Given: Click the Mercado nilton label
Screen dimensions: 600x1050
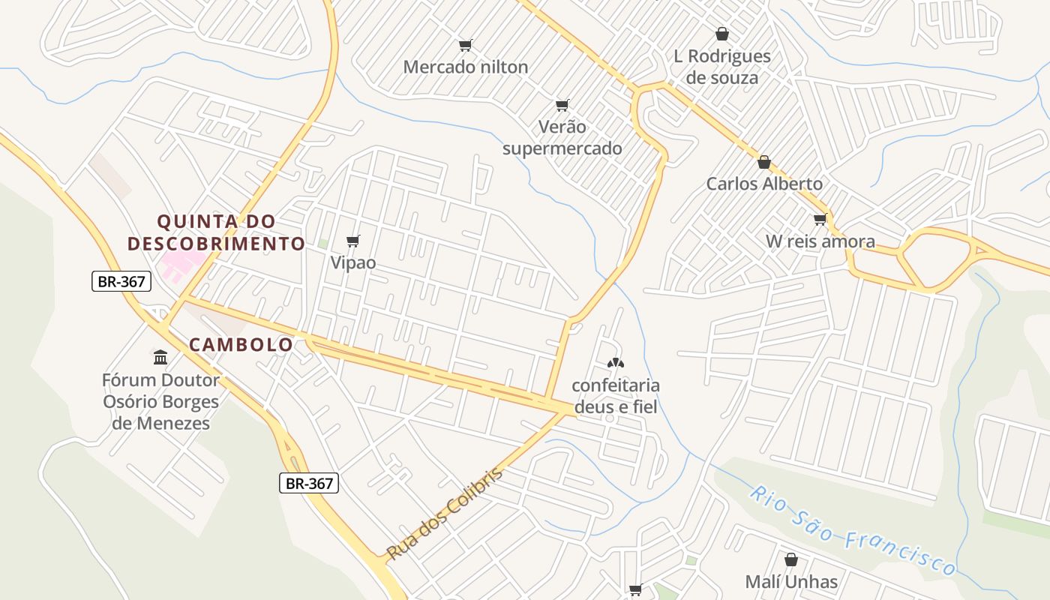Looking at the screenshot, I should point(465,67).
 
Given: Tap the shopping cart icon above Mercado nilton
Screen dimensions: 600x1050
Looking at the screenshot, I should point(465,45).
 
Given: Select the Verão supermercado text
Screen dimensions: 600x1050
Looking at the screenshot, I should point(562,137).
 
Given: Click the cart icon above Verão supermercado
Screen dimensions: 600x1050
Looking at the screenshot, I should point(562,105).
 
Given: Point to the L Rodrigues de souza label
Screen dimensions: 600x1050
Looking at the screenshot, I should point(721,67).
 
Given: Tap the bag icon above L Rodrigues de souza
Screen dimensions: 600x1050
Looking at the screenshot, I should point(721,34).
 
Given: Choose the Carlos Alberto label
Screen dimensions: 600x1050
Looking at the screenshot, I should point(764,184).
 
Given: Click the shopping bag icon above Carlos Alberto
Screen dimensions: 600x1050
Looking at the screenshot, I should point(764,162).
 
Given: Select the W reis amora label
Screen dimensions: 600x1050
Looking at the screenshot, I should point(820,241).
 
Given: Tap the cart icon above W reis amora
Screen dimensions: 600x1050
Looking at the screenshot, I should point(820,220).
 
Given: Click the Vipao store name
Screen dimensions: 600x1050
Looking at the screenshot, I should point(353,263).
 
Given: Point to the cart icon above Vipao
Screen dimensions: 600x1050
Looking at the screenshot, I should point(353,241).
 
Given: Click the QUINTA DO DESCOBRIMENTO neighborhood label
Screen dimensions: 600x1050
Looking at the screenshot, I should point(216,232).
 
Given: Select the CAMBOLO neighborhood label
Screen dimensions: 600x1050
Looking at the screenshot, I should point(241,344).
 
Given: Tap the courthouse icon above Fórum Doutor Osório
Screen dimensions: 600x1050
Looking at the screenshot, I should point(160,356).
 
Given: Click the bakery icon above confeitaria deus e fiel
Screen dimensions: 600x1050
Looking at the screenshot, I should point(615,364).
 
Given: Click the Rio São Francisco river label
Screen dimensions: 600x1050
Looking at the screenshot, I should point(853,531).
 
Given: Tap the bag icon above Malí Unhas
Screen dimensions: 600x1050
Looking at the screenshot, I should point(791,559).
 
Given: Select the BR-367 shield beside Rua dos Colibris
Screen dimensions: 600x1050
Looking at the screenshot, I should point(310,483).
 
